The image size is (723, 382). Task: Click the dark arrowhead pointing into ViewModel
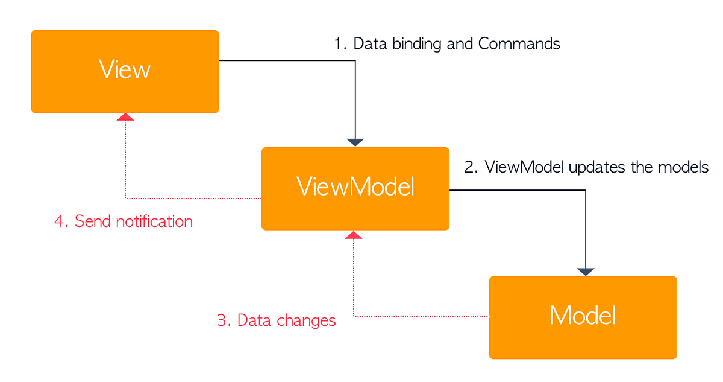tap(355, 142)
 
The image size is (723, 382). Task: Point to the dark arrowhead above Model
tap(586, 272)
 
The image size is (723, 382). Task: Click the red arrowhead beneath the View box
tap(125, 117)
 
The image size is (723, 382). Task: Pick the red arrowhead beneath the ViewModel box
tap(354, 234)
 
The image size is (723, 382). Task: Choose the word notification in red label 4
tap(154, 221)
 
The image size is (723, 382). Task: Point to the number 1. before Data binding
tap(340, 44)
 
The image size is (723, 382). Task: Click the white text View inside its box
tap(125, 70)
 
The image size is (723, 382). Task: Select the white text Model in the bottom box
tap(583, 316)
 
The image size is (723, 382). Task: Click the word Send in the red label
tap(93, 221)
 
